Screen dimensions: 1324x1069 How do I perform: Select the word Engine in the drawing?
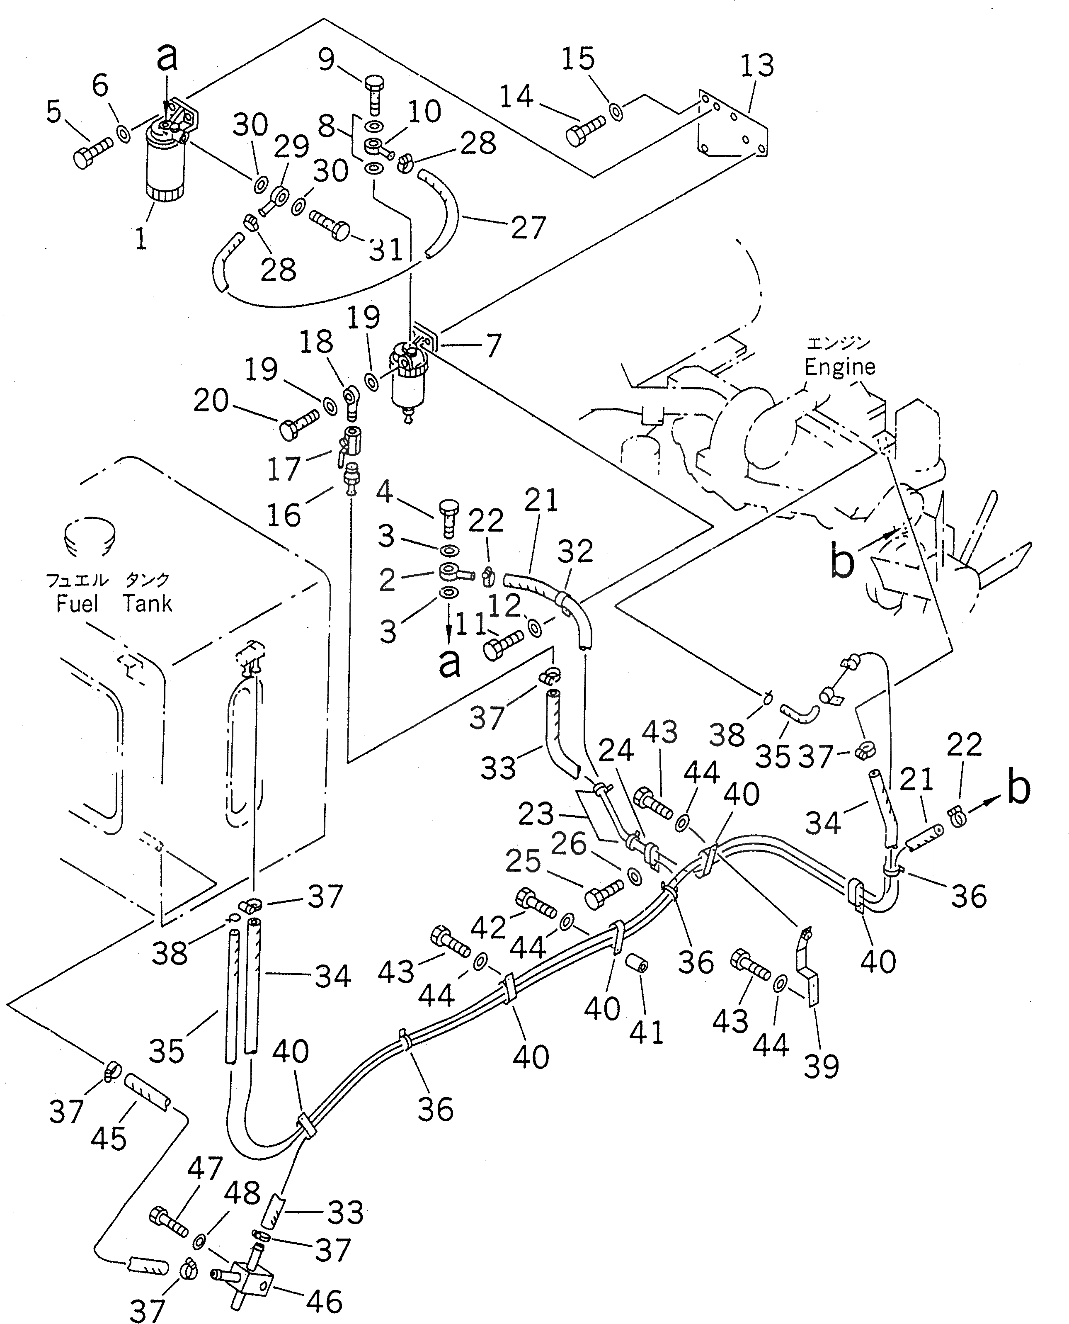point(839,367)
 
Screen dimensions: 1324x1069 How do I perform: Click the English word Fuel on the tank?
point(77,604)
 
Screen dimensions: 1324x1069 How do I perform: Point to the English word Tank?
point(147,604)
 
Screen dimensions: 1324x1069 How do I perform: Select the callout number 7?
point(493,346)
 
